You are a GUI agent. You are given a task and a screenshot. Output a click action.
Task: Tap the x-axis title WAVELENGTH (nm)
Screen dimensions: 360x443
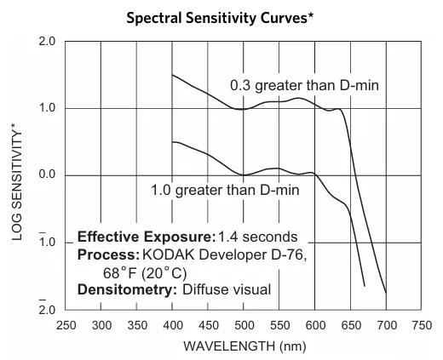click(243, 346)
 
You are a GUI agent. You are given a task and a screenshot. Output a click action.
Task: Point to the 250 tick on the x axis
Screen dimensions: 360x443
click(66, 325)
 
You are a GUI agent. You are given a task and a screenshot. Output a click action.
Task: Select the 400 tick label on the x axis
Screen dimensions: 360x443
click(173, 325)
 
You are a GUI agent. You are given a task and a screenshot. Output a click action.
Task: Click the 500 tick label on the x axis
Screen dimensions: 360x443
click(244, 325)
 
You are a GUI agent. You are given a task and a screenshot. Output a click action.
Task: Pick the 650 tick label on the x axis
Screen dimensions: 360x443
click(350, 325)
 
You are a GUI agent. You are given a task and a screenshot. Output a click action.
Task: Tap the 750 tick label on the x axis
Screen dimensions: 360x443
click(421, 325)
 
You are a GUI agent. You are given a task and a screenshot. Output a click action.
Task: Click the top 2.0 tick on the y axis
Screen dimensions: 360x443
click(48, 42)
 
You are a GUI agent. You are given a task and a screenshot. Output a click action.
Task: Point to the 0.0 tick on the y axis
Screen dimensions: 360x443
click(48, 175)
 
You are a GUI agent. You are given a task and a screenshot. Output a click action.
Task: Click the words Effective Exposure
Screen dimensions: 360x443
click(146, 236)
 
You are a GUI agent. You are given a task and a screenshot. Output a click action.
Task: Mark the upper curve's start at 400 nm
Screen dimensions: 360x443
click(173, 75)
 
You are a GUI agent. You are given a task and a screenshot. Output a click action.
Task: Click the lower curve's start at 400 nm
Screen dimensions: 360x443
click(173, 142)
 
